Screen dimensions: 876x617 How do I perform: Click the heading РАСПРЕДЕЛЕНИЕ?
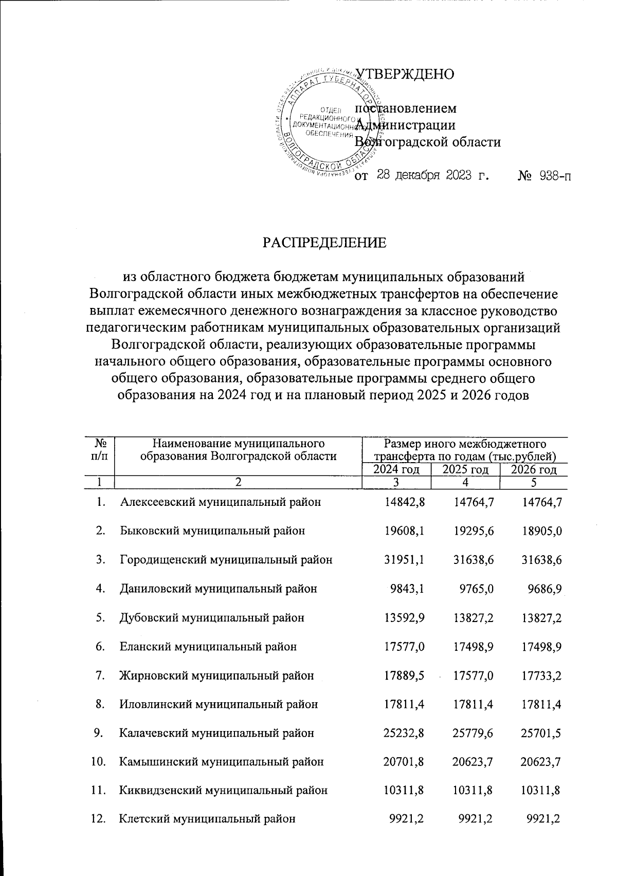tap(324, 242)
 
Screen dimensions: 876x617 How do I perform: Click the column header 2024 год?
tap(396, 469)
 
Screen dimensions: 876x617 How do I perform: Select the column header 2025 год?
tap(465, 469)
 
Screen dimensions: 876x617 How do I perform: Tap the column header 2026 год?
tap(534, 469)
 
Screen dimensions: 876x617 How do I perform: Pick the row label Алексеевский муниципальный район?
tap(221, 502)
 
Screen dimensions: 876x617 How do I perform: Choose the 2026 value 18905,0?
tap(540, 531)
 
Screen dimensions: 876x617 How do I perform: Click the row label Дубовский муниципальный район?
tap(212, 617)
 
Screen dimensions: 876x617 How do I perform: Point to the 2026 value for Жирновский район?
tap(540, 675)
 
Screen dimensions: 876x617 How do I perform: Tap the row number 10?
tap(98, 761)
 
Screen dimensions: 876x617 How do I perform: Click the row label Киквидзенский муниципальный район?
tap(224, 790)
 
